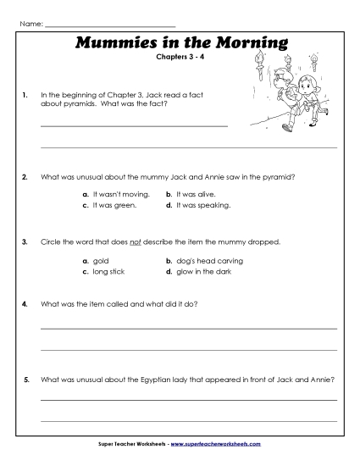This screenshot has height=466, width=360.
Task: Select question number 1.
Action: (25, 97)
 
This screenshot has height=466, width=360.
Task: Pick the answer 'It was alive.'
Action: (195, 194)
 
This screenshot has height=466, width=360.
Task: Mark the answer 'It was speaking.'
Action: (198, 205)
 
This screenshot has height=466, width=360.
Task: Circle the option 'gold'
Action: (100, 261)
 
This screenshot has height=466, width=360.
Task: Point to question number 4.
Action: (25, 303)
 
